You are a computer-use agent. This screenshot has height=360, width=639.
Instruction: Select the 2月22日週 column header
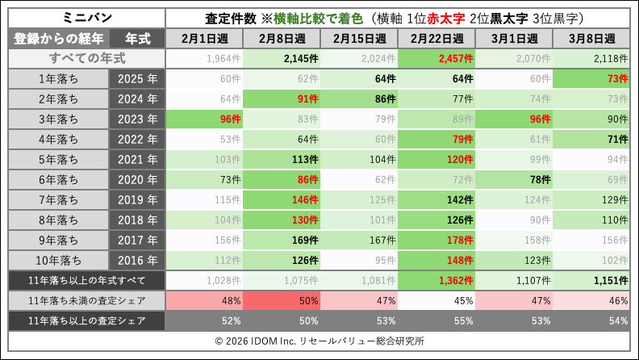[x=436, y=38]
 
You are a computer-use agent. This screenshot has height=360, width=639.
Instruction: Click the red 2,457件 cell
[x=436, y=58]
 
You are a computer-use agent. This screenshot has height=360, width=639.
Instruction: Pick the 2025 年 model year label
[x=136, y=78]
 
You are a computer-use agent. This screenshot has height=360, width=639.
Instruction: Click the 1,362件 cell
[x=436, y=280]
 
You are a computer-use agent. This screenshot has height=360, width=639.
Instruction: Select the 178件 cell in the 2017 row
[x=436, y=240]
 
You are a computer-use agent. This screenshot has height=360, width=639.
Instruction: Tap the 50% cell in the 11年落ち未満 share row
[x=282, y=300]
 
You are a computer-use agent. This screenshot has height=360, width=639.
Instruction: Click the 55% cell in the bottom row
[x=436, y=320]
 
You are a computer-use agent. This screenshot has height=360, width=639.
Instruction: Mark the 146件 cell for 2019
[x=282, y=199]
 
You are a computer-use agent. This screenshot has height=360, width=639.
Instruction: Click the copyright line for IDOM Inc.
[x=319, y=341]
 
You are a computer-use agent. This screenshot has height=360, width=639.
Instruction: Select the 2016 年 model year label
[x=136, y=260]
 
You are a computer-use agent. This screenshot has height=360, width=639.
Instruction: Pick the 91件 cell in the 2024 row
[x=282, y=98]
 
